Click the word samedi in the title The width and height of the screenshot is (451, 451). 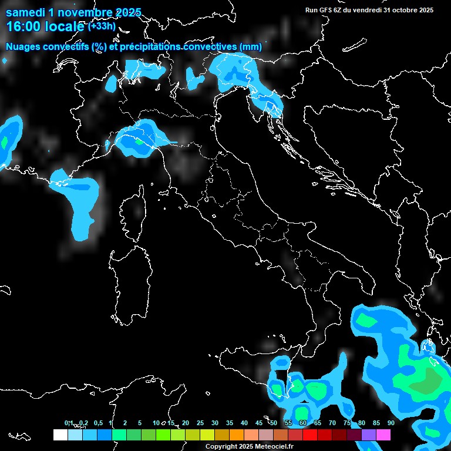(25, 12)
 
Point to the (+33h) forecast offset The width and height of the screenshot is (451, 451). (102, 26)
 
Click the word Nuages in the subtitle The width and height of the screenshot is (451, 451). (23, 46)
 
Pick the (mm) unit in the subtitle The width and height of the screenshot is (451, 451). (251, 46)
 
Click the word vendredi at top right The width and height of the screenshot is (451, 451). (364, 10)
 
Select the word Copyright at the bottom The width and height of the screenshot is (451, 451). (220, 446)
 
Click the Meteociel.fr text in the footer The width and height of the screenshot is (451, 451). (277, 446)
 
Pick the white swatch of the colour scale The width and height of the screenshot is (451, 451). (60, 435)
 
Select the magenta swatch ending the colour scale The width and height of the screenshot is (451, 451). (383, 435)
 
